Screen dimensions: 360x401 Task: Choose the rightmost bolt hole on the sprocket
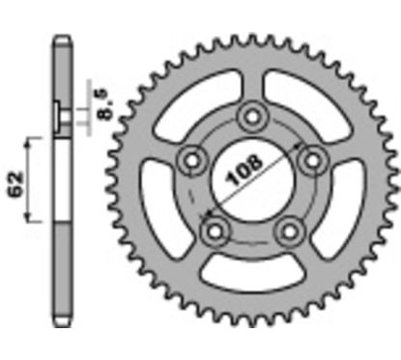click(x=311, y=157)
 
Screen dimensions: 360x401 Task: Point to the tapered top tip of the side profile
click(x=61, y=42)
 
